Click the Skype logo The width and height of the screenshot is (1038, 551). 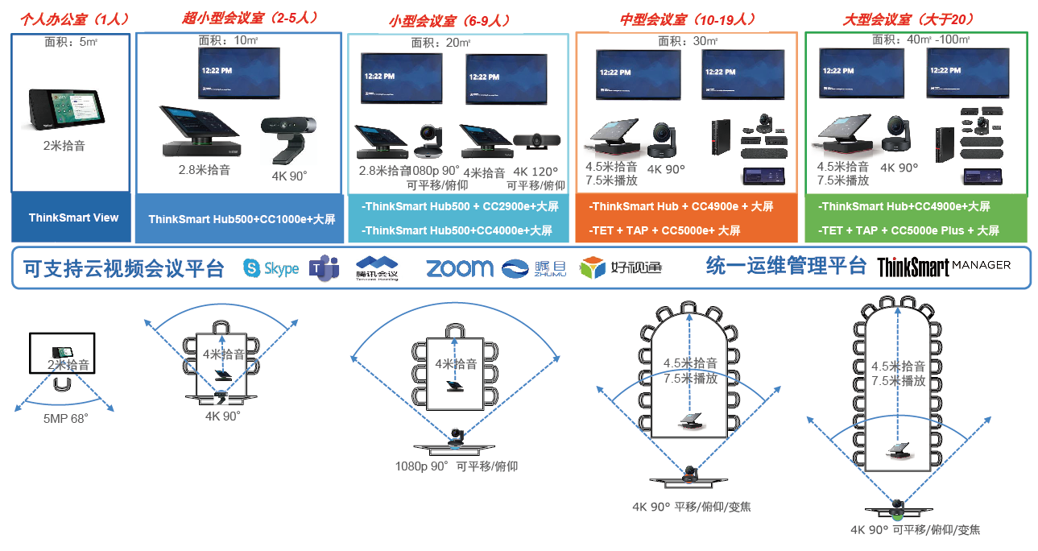pos(271,268)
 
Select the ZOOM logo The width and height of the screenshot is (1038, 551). pos(459,267)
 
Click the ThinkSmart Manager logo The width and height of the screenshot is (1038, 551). pos(943,267)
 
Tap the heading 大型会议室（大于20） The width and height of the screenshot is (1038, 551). pos(899,19)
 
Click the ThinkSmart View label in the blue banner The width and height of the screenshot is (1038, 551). pos(73,217)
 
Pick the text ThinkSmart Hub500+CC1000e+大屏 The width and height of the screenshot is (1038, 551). pos(242,219)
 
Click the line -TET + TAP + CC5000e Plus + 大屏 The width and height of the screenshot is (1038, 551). pos(908,230)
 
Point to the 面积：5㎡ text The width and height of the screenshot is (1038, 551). pos(71,43)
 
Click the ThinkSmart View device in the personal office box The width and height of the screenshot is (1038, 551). pos(67,110)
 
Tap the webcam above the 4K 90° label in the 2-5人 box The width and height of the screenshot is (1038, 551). pos(287,139)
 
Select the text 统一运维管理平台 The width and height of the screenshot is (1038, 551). pos(785,266)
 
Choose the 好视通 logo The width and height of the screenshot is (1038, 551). pos(622,267)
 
